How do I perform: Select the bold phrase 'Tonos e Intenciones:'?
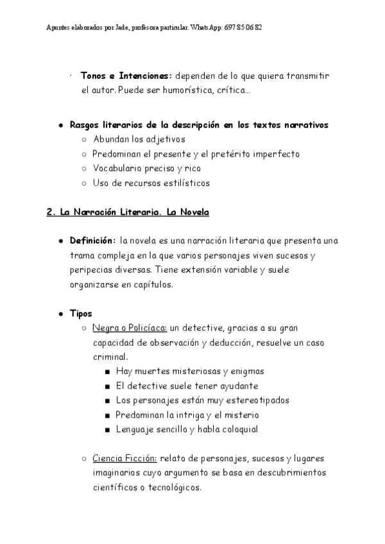(126, 76)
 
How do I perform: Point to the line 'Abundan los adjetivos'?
(139, 139)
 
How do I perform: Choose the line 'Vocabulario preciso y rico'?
(147, 169)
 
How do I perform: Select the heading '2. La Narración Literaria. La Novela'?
(128, 212)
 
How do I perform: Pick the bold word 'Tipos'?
(81, 314)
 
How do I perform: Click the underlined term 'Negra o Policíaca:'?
(130, 328)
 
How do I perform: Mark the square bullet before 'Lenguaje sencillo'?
(107, 430)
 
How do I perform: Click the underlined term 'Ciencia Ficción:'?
(125, 459)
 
